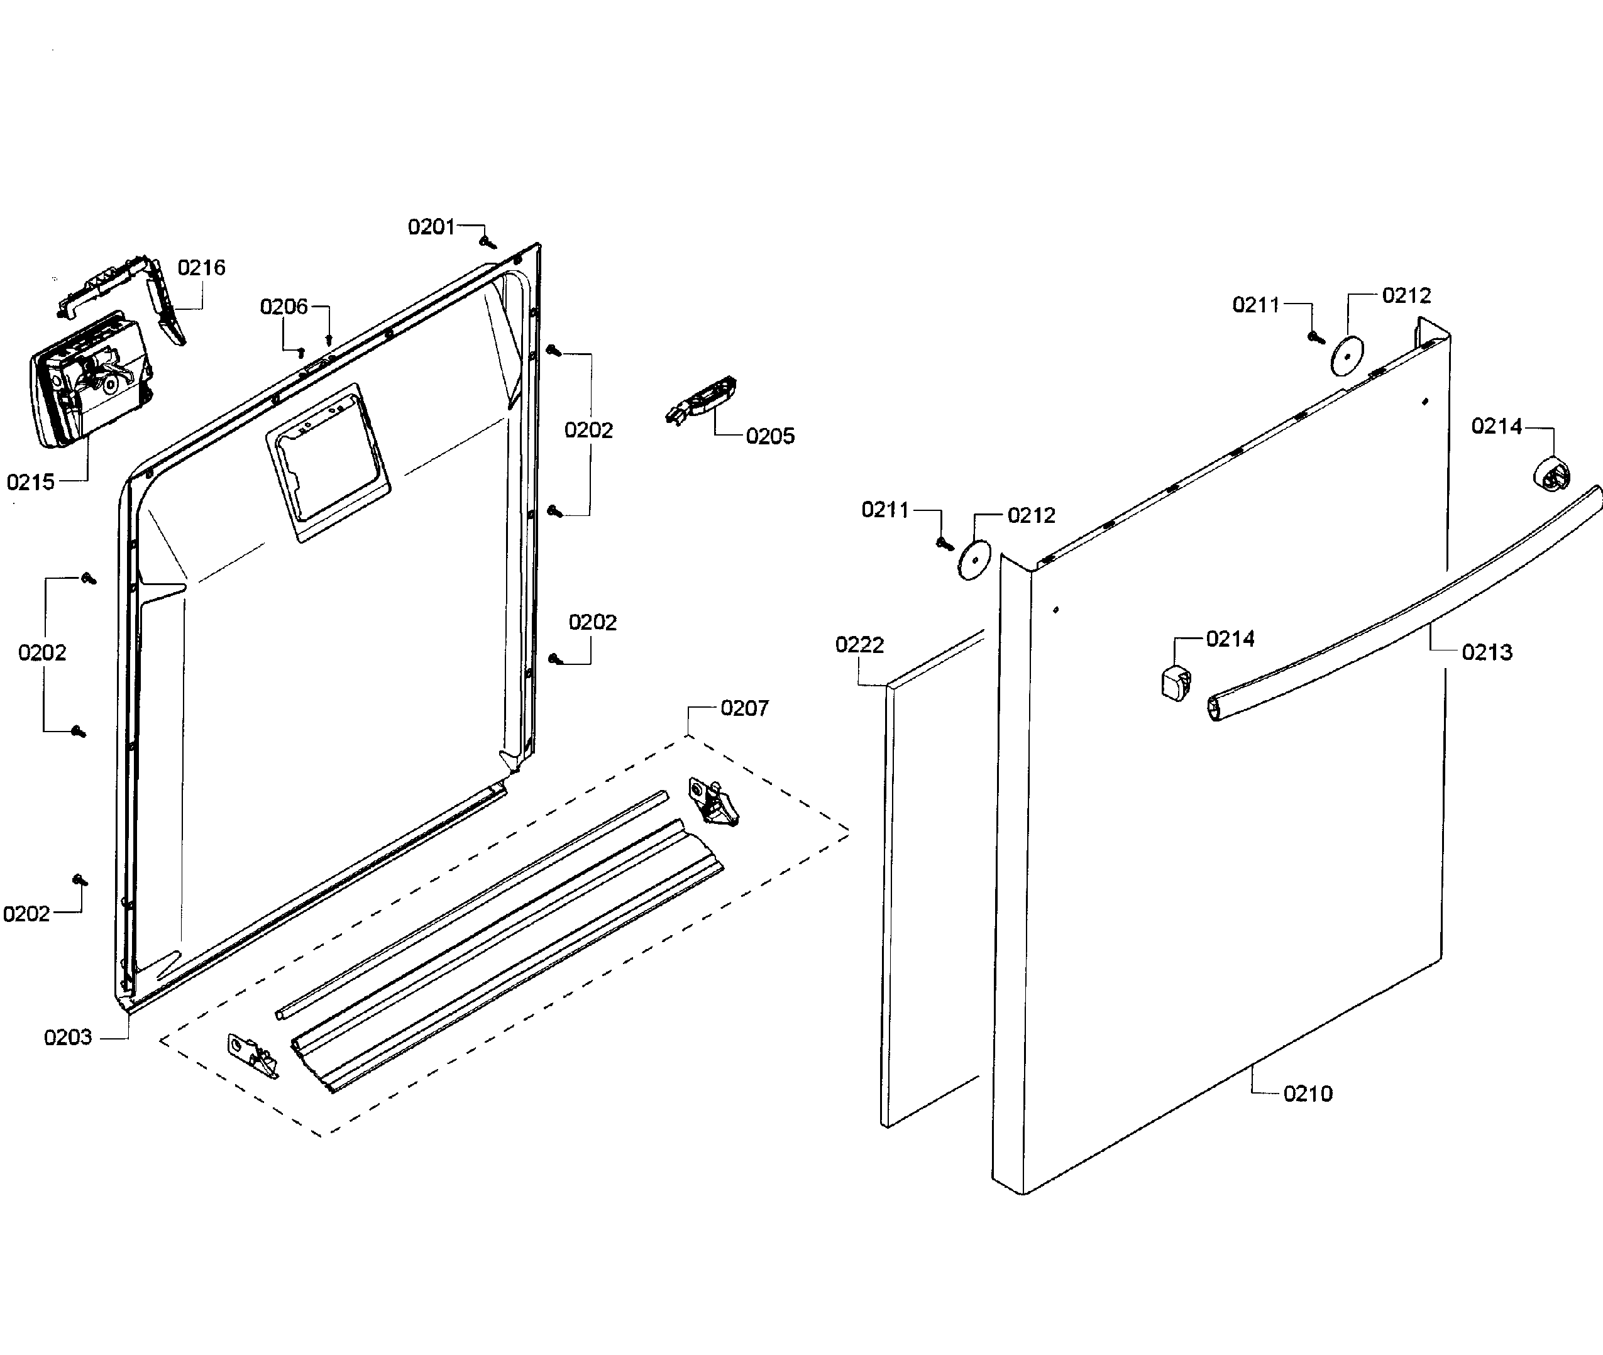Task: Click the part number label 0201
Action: tap(431, 227)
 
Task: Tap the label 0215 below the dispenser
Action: tap(31, 483)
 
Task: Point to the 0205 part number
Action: tap(770, 436)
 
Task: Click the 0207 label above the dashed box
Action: tap(744, 708)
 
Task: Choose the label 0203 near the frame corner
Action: tap(68, 1037)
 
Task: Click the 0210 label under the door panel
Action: tap(1308, 1093)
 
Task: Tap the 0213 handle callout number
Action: tap(1487, 652)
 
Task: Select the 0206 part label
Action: tap(284, 307)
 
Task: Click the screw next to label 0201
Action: tap(487, 243)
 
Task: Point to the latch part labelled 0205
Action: tap(703, 400)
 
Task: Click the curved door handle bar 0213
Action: tap(1406, 607)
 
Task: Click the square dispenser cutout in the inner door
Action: tap(328, 463)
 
